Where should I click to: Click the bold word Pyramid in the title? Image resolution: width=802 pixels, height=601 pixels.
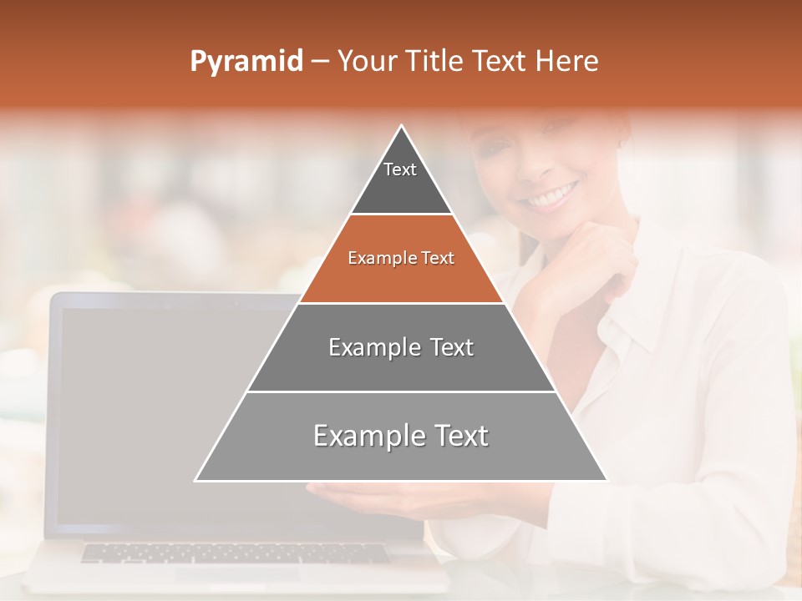pos(246,62)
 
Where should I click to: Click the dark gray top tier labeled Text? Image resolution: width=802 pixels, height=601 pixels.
pos(401,188)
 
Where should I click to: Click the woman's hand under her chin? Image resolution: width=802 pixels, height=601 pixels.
pos(585,267)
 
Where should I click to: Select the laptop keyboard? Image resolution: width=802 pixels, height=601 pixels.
pos(234,553)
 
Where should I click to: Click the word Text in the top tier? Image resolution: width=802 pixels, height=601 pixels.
pos(400,169)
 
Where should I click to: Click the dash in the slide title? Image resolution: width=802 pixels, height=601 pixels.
pos(320,62)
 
